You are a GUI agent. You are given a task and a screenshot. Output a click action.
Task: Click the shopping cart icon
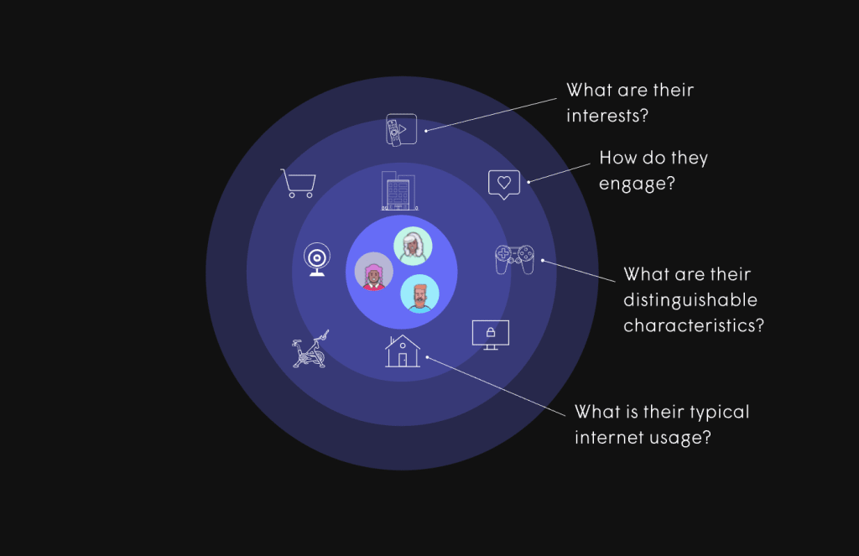click(x=298, y=183)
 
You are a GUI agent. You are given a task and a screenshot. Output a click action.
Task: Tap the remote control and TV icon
click(x=400, y=129)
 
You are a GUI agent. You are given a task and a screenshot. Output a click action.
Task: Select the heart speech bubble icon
click(x=504, y=184)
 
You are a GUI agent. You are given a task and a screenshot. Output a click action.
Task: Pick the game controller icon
click(x=514, y=258)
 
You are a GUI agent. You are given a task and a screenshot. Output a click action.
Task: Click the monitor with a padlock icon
click(x=491, y=335)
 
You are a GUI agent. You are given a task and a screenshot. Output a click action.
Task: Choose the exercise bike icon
click(x=310, y=350)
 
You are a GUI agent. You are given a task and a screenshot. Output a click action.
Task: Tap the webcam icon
click(x=317, y=260)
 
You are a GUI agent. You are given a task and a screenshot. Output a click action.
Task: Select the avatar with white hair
click(x=413, y=246)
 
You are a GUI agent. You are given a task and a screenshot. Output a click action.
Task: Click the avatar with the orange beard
click(x=419, y=294)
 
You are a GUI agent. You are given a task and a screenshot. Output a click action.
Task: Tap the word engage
click(x=638, y=184)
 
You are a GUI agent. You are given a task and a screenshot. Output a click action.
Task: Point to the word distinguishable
click(x=690, y=299)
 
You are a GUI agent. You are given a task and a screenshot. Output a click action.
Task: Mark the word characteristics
click(x=694, y=325)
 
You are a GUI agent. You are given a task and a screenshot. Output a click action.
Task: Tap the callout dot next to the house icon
click(x=428, y=357)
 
